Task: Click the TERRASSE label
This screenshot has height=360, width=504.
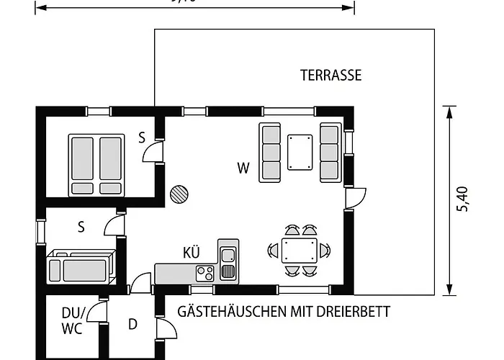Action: (330, 75)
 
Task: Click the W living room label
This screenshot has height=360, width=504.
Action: (243, 168)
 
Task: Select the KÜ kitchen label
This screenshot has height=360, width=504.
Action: (191, 253)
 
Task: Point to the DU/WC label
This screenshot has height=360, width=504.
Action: (72, 321)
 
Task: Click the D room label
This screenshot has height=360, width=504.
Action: (132, 324)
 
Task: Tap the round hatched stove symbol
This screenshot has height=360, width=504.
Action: (178, 194)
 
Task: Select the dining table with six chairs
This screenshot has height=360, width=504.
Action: (300, 251)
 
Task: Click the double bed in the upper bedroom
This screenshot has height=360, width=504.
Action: (96, 165)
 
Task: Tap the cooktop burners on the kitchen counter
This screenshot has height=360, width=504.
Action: (204, 273)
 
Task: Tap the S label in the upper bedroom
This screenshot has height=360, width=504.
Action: (142, 138)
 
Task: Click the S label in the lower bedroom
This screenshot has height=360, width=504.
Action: (81, 228)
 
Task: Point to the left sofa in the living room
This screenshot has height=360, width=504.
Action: (270, 151)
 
